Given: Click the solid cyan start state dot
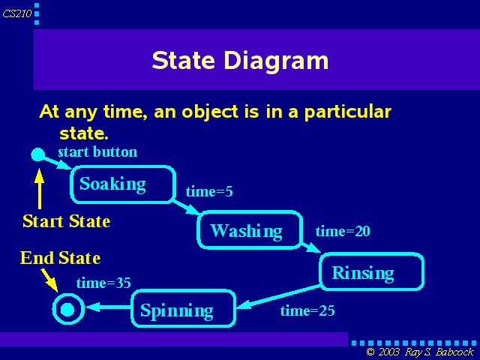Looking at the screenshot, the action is point(38,154).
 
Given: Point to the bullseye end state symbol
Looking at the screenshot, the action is point(68,309).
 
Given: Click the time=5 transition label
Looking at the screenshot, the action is point(209,192).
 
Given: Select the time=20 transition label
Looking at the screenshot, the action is point(343,231).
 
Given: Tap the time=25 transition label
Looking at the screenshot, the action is point(307,310).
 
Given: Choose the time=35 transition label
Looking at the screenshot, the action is point(103,283).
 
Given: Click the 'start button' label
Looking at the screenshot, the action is point(97,151).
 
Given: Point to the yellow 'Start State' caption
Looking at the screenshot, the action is point(67,221).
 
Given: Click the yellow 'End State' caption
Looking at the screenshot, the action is point(60,258).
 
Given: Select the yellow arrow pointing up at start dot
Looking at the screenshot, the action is point(39,188).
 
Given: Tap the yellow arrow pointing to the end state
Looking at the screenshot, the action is point(49,280).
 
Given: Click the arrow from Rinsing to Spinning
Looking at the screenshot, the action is point(278,297).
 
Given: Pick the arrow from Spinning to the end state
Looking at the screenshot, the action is point(108,307).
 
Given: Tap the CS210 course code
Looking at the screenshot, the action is point(17,13).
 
